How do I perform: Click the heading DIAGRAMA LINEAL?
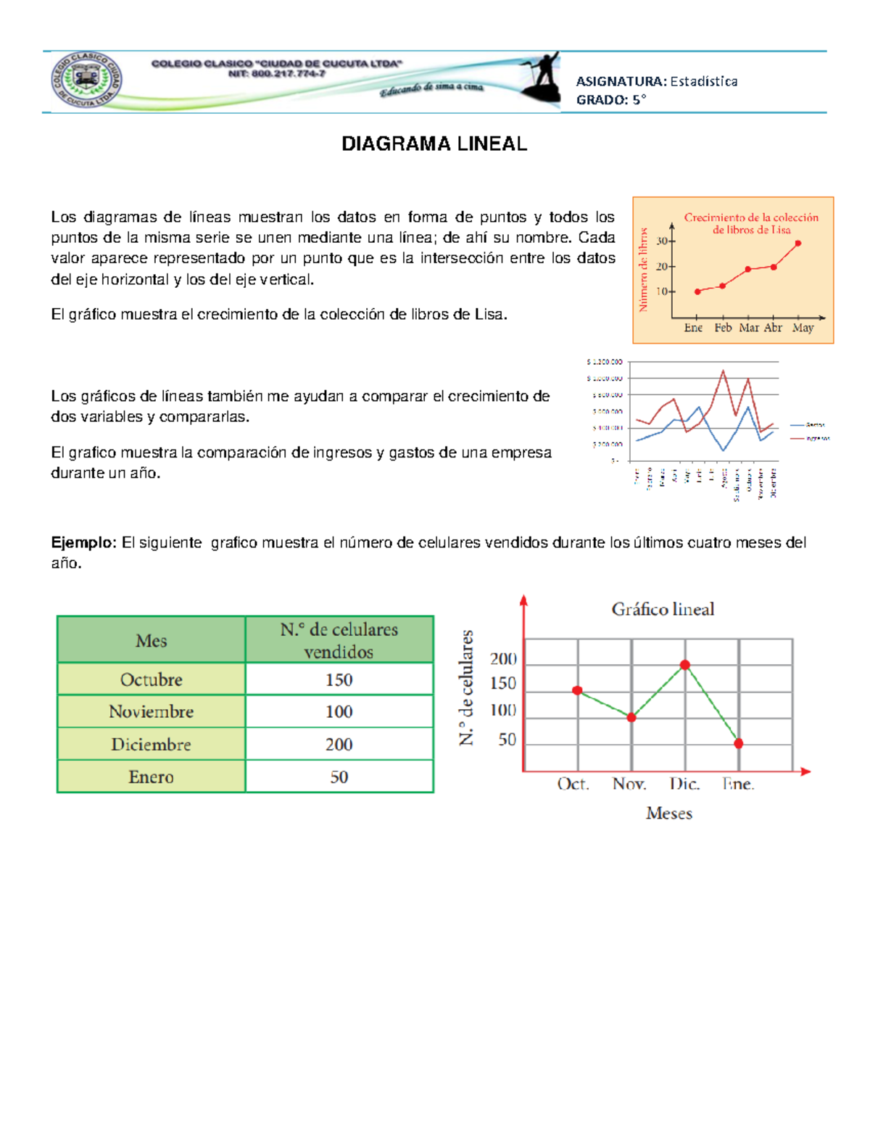[x=434, y=144]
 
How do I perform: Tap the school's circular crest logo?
[x=86, y=80]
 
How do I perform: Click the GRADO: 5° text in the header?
[x=610, y=100]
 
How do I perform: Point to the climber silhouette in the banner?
[x=542, y=78]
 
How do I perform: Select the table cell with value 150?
[x=339, y=679]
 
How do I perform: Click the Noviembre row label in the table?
[x=151, y=711]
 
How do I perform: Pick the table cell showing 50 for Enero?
[x=339, y=777]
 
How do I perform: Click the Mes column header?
[x=151, y=640]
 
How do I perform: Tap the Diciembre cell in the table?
[x=151, y=744]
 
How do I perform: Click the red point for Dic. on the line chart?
[x=685, y=664]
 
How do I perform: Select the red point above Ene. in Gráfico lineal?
[x=739, y=743]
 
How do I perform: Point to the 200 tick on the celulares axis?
[x=503, y=658]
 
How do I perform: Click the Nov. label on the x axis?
[x=629, y=784]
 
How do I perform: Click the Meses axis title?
[x=668, y=814]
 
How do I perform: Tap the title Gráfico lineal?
[x=663, y=609]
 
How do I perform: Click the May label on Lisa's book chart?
[x=803, y=328]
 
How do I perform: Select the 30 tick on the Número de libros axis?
[x=662, y=241]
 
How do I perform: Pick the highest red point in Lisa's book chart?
[x=798, y=244]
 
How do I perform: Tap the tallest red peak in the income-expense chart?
[x=723, y=370]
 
